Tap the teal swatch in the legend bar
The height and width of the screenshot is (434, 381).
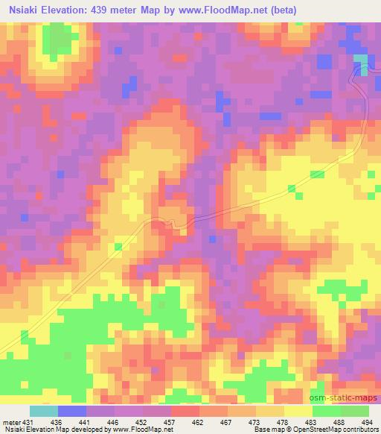(44, 411)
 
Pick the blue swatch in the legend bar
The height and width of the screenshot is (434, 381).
(72, 411)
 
